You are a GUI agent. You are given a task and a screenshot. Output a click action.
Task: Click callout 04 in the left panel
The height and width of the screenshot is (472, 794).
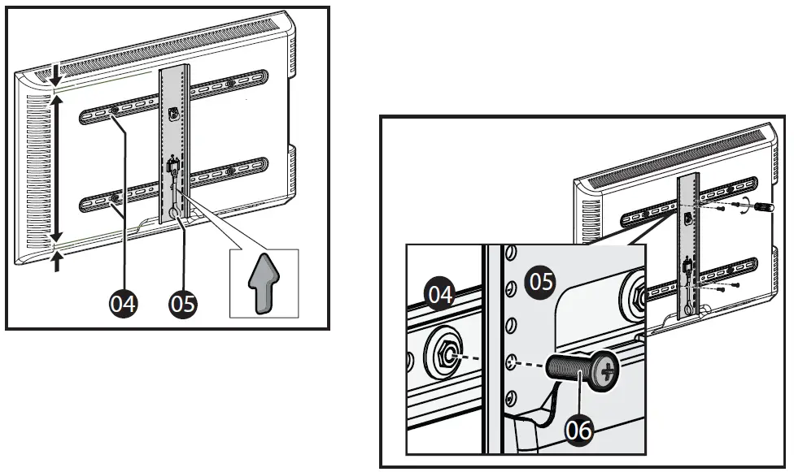point(124,304)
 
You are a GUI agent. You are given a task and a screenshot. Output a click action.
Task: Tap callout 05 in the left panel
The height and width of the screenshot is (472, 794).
point(183,304)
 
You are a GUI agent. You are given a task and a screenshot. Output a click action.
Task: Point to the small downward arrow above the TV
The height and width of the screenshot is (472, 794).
point(55,76)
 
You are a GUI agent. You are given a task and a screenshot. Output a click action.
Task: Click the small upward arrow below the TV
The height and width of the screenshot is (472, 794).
point(55,261)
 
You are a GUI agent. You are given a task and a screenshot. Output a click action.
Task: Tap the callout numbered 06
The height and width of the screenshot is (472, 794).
point(578,430)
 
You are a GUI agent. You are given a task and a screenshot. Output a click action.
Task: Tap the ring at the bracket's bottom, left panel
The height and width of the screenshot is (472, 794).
point(177,213)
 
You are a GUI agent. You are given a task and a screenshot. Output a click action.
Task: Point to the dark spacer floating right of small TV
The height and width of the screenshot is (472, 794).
point(766,207)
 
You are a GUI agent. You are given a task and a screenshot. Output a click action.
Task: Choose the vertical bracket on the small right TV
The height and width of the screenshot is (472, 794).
point(688,244)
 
